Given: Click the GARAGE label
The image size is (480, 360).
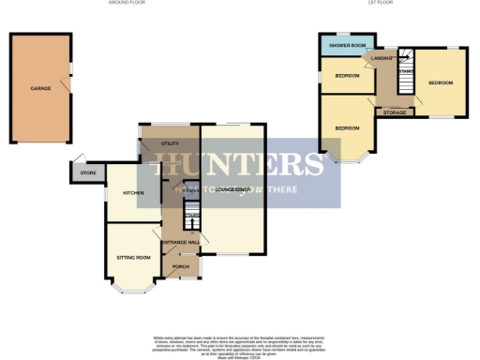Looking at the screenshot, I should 40,88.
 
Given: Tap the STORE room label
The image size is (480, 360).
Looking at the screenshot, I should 88,172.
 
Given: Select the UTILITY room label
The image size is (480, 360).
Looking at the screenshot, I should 170,142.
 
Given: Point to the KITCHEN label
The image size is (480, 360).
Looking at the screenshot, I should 133,193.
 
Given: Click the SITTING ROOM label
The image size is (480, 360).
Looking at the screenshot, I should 133,257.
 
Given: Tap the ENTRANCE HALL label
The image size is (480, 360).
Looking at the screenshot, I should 180,243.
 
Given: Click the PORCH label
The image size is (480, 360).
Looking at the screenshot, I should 181,266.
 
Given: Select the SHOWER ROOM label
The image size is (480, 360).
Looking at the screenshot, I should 346,45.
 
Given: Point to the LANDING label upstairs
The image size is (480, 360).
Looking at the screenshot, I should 383,59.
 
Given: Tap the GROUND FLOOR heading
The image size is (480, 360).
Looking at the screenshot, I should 131,4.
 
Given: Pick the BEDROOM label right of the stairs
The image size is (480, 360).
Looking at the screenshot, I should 441,82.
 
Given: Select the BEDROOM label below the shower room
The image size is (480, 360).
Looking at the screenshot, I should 346,76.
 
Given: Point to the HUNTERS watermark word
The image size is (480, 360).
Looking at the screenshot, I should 240,163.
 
